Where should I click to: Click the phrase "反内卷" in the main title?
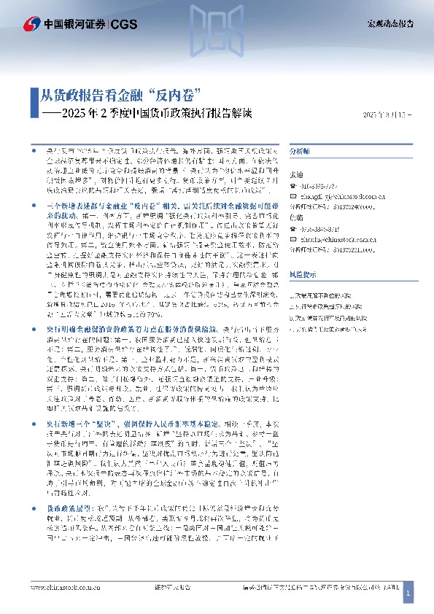pos(174,95)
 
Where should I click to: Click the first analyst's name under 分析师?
pos(296,175)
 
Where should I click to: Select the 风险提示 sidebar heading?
pos(301,274)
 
